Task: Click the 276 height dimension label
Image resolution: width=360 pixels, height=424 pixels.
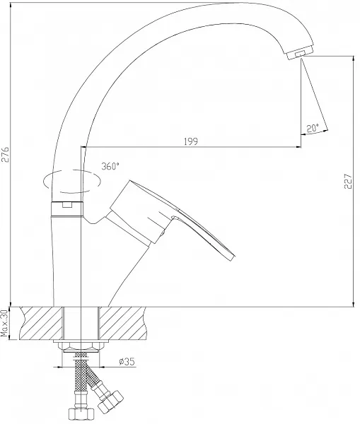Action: coord(6,154)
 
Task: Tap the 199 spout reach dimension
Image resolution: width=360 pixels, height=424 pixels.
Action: coord(191,141)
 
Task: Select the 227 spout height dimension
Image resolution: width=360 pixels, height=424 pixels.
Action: coord(349,181)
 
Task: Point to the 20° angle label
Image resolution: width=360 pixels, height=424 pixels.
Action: coord(313,128)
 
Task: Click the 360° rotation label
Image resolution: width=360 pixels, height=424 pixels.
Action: coord(110,166)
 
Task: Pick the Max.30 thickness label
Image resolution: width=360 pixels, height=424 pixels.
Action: coord(5,323)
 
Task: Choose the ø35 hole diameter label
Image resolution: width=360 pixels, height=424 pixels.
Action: coord(127,361)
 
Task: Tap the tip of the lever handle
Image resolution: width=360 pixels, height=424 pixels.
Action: coord(233,258)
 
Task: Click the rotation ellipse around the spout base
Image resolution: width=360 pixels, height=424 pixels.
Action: coord(72,182)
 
